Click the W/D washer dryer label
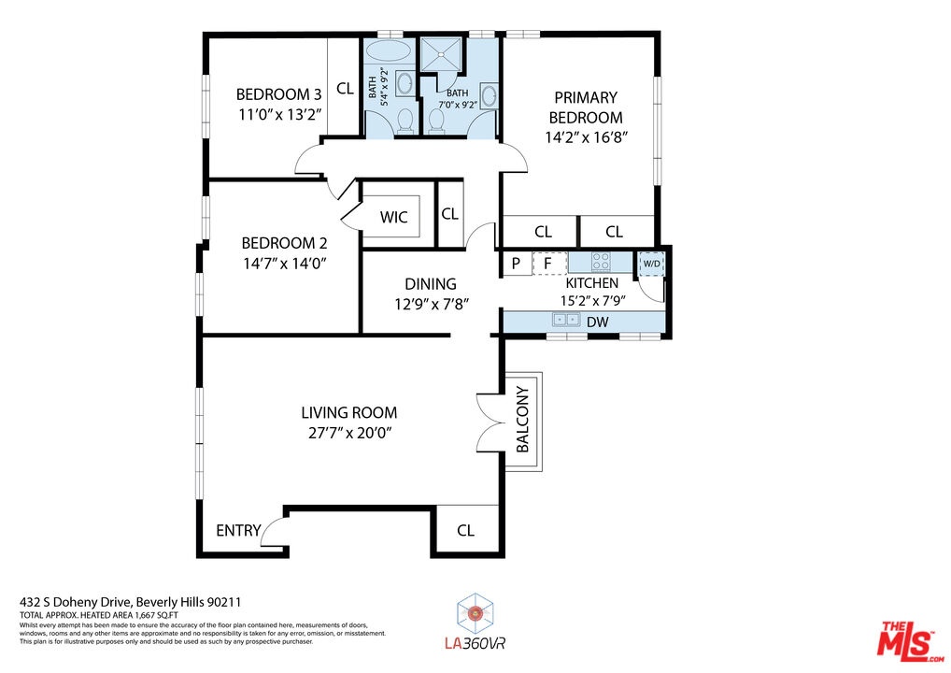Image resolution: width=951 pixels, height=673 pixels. [651, 264]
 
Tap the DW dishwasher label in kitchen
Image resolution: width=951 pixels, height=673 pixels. [597, 322]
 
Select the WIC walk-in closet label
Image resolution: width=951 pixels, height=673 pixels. [393, 217]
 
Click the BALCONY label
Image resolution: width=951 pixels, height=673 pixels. [523, 420]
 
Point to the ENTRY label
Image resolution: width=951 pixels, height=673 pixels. [238, 530]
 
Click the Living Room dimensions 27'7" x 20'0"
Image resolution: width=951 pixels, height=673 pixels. [348, 433]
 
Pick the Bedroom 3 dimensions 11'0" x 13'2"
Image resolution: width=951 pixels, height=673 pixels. [279, 114]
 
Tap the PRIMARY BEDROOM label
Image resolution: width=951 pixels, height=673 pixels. [586, 107]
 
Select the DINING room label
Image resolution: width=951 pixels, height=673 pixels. [431, 284]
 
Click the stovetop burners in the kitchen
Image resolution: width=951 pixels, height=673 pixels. [601, 262]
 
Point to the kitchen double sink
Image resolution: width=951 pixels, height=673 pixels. [566, 319]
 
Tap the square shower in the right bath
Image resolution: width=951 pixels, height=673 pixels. [442, 54]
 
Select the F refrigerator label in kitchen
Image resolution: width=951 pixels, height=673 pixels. [547, 264]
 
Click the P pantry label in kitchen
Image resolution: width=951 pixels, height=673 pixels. [516, 264]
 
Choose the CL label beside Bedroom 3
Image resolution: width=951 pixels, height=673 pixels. [345, 89]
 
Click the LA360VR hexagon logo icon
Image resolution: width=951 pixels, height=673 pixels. [475, 613]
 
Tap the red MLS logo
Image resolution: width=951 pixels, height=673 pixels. [911, 640]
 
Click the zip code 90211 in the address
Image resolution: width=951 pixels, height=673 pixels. [224, 602]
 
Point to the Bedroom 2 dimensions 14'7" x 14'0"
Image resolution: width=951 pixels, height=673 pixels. [285, 264]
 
